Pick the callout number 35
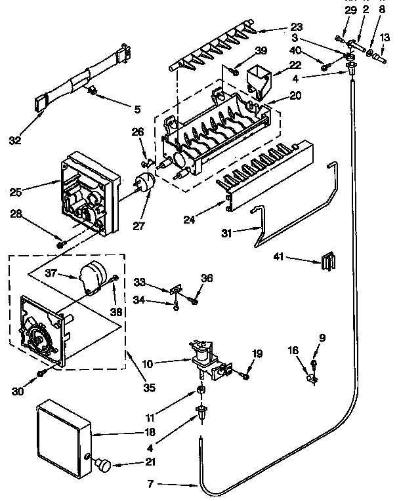[x=149, y=388]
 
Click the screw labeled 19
[x=244, y=376]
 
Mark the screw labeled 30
[x=41, y=372]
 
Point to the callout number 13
[x=383, y=37]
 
